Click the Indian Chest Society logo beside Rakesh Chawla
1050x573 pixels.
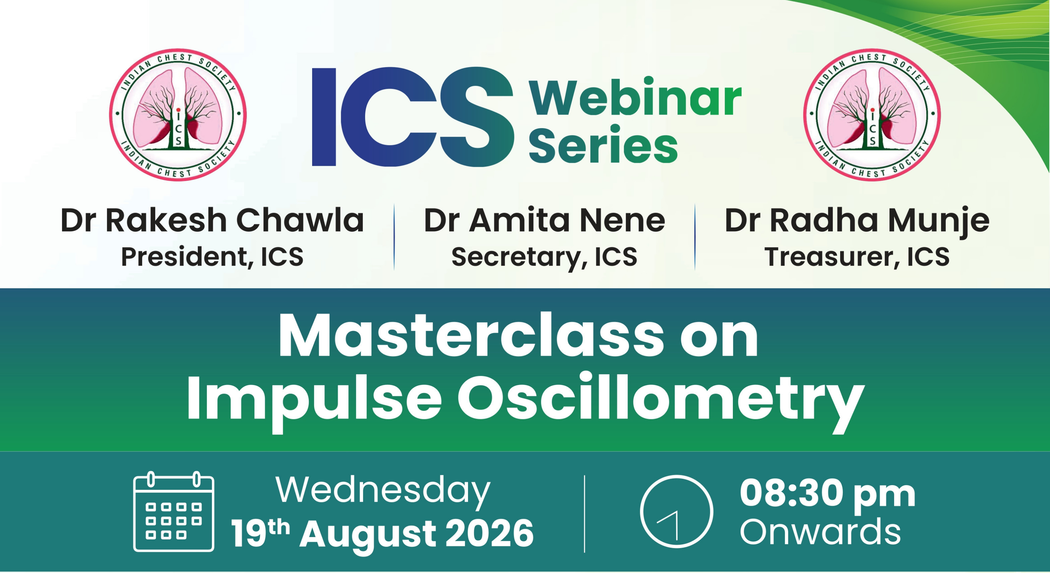[x=178, y=115]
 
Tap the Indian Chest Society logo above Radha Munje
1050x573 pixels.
[x=872, y=115]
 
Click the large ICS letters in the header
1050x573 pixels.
[x=412, y=117]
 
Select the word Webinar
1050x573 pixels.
[x=635, y=98]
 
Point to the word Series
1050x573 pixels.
[x=603, y=144]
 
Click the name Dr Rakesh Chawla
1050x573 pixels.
[x=212, y=220]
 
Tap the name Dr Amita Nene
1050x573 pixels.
[x=544, y=220]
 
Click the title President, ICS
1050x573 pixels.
[x=212, y=257]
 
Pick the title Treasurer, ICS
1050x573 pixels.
[x=857, y=257]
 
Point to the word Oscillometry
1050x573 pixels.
[x=661, y=402]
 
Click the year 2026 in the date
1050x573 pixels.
[x=489, y=533]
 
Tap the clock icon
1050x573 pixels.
[x=677, y=511]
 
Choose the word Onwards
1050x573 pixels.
[x=820, y=532]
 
